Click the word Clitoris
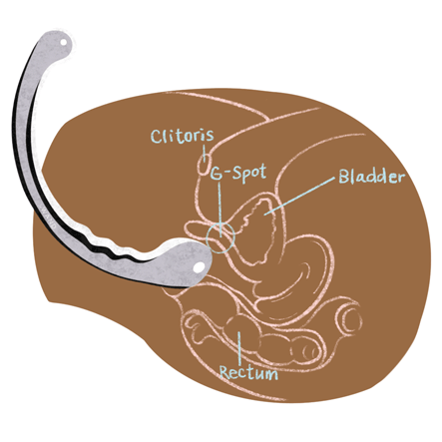183,136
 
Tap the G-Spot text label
239,173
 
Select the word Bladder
372,177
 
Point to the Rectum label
248,372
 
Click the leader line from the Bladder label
299,197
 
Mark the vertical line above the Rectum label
239,347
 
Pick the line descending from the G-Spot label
220,210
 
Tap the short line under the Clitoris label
205,153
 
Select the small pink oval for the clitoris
204,164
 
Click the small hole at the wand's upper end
63,43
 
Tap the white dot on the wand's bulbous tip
200,266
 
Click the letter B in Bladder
343,177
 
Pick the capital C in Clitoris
157,137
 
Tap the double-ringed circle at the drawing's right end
349,318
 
